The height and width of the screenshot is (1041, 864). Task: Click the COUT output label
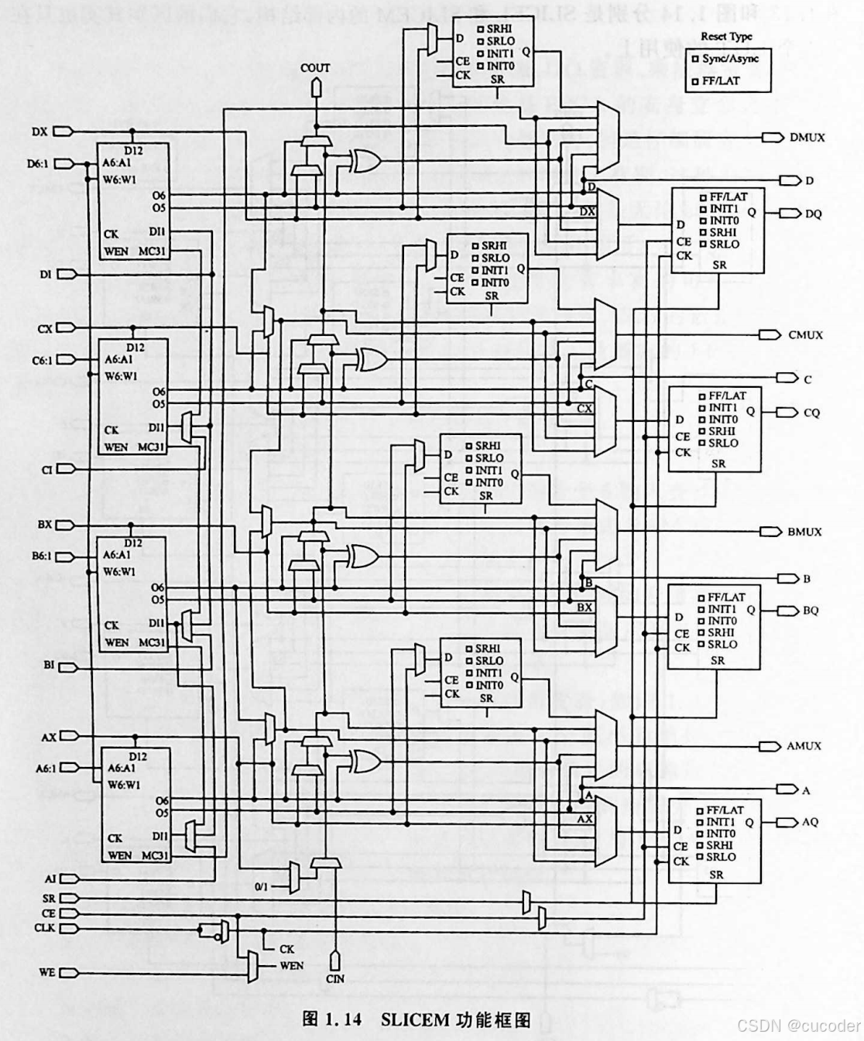tap(315, 68)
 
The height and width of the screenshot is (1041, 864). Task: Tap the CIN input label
tap(335, 978)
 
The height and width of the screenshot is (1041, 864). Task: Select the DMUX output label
tap(807, 138)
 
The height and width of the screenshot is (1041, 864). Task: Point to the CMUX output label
tap(805, 335)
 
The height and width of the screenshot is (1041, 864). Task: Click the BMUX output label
tap(804, 532)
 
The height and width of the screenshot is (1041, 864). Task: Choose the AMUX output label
tap(804, 746)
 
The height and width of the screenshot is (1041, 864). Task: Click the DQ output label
tap(813, 214)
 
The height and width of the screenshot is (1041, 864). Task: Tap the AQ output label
tap(810, 822)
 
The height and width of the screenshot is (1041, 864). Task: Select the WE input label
tap(46, 972)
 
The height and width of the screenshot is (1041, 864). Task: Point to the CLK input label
tap(45, 927)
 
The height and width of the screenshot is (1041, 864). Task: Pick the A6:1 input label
tap(46, 769)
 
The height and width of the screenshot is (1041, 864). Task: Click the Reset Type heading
tap(726, 36)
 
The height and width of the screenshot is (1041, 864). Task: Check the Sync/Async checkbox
tap(696, 59)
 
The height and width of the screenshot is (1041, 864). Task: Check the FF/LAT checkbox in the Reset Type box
tap(696, 81)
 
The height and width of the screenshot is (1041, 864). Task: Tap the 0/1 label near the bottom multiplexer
tap(261, 887)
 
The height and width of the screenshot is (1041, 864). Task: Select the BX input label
tap(45, 525)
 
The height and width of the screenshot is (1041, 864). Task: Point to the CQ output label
tap(811, 413)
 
